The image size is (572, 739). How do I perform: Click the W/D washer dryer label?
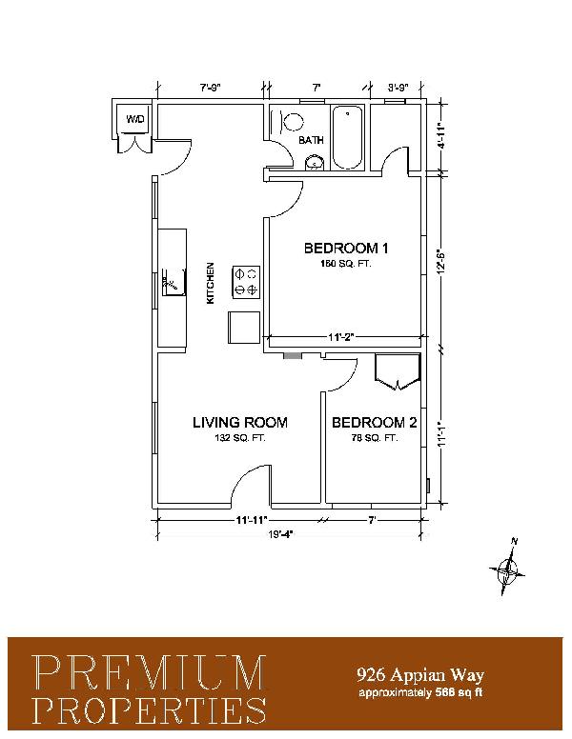click(134, 119)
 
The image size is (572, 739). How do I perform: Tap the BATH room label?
click(312, 140)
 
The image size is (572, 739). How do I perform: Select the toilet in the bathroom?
click(289, 121)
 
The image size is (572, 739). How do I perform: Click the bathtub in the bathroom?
click(348, 137)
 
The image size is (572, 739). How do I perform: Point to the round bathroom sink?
click(315, 163)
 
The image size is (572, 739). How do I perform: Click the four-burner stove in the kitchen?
click(246, 282)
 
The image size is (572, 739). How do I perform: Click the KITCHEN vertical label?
click(211, 283)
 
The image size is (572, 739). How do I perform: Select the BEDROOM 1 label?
click(346, 248)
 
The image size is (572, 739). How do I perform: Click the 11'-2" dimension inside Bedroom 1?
click(341, 336)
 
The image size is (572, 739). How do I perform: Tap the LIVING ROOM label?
click(240, 422)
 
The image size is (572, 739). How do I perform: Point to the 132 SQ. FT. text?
click(240, 438)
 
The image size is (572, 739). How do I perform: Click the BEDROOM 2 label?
click(375, 422)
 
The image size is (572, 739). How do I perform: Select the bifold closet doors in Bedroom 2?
click(398, 372)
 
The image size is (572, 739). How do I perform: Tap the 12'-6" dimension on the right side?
click(441, 262)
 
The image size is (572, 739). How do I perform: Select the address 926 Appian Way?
click(420, 675)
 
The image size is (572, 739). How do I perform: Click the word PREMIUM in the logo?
click(149, 671)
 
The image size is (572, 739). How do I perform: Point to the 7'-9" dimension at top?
click(210, 88)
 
